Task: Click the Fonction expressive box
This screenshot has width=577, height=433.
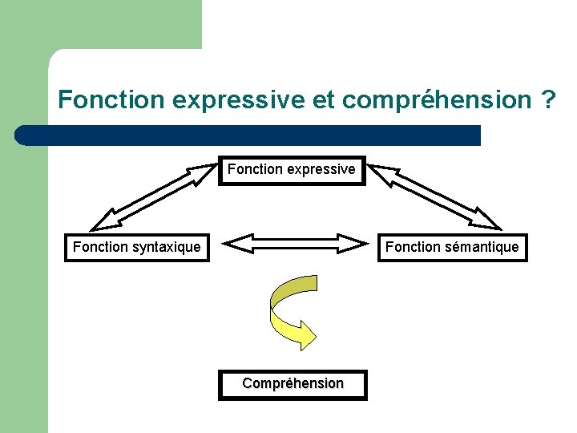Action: pyautogui.click(x=292, y=170)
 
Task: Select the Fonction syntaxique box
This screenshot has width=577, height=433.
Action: pyautogui.click(x=137, y=247)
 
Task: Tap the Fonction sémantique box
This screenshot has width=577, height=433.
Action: pyautogui.click(x=452, y=247)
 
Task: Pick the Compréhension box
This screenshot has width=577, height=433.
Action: pyautogui.click(x=293, y=384)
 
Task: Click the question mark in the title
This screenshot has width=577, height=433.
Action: pyautogui.click(x=549, y=100)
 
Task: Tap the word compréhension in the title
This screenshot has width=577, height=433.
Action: pyautogui.click(x=437, y=101)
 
